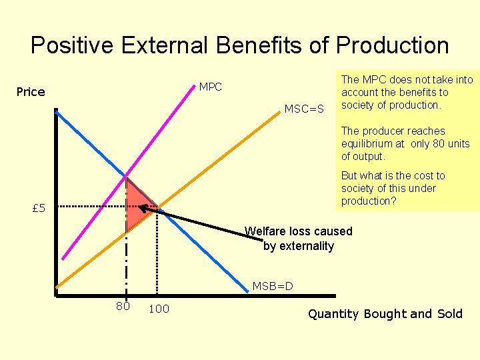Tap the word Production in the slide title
click(393, 45)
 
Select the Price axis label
click(31, 92)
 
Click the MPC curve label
click(211, 87)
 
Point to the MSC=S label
click(304, 109)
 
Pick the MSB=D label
click(273, 287)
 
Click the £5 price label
click(39, 209)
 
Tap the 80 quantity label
click(123, 307)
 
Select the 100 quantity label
click(159, 309)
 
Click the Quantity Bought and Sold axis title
click(385, 314)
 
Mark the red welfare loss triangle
click(137, 204)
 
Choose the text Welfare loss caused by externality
click(298, 239)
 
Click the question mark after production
click(398, 201)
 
